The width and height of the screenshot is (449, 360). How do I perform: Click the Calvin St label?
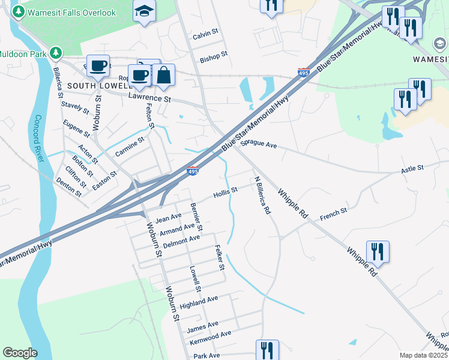[204, 35]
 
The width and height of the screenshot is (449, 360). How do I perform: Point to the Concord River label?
[39, 137]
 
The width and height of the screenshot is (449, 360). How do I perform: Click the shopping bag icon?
[163, 76]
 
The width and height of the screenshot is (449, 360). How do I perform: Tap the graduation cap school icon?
[144, 11]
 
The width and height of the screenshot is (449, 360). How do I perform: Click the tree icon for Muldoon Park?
[56, 53]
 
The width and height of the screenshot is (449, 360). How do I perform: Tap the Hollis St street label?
[226, 193]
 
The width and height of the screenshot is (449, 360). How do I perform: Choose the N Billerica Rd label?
[262, 196]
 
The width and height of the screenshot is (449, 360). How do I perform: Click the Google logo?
[20, 353]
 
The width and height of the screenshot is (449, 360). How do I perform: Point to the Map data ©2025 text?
[424, 355]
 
